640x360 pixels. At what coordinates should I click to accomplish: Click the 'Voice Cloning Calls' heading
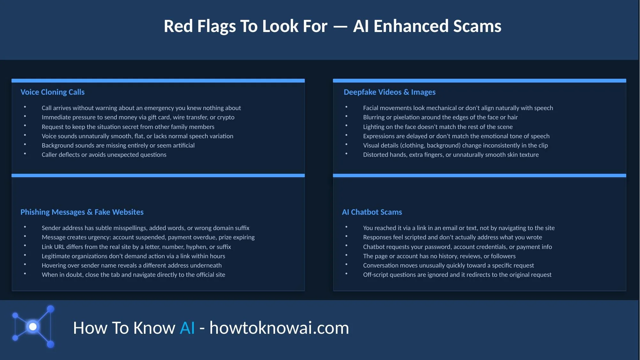[x=52, y=92]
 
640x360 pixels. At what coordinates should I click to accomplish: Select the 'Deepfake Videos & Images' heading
[x=389, y=92]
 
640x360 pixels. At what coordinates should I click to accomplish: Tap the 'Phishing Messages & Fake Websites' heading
[x=82, y=212]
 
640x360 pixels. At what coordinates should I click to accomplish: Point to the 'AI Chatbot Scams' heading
[x=372, y=212]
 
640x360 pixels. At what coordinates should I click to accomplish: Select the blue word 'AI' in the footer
[x=187, y=328]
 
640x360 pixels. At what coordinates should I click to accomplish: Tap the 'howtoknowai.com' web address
[x=279, y=328]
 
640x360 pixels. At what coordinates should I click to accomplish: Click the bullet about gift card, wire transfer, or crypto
[x=138, y=117]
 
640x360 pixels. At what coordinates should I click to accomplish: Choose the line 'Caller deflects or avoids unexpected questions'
[x=104, y=155]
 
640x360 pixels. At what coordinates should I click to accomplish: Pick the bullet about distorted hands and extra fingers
[x=451, y=155]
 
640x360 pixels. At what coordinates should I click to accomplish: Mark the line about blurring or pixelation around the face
[x=440, y=117]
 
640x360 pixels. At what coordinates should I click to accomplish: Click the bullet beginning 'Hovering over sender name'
[x=131, y=266]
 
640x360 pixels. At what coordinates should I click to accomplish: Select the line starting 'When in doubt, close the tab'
[x=133, y=275]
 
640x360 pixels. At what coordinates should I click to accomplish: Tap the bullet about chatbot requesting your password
[x=457, y=247]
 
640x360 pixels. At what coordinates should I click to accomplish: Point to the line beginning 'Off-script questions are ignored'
[x=457, y=275]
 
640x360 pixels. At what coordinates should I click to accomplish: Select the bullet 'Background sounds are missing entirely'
[x=118, y=146]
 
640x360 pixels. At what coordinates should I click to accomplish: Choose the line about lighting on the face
[x=438, y=127]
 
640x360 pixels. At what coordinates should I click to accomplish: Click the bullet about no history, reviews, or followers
[x=439, y=256]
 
